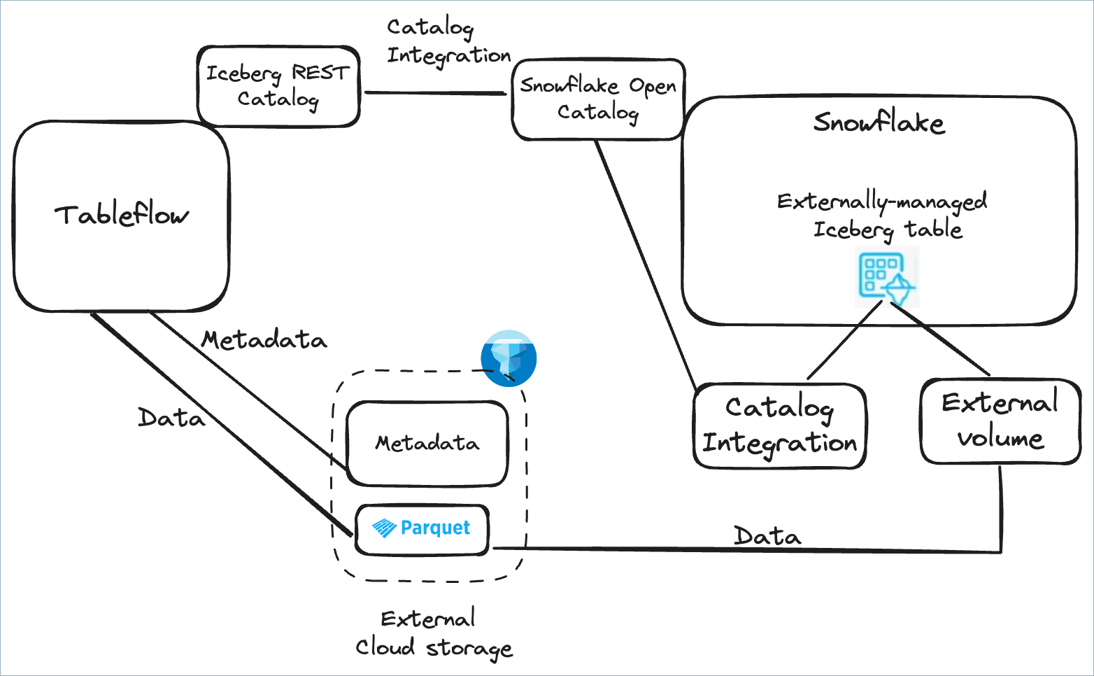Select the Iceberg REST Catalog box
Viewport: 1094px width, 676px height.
tap(278, 86)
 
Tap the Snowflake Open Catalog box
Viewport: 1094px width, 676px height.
tap(598, 99)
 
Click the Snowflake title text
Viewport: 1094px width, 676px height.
tap(879, 123)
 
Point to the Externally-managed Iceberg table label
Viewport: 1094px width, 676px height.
tap(883, 216)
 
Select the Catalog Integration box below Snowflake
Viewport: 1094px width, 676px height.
tap(779, 425)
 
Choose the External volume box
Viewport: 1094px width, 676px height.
tap(1000, 421)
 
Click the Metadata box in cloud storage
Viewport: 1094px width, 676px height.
tap(427, 443)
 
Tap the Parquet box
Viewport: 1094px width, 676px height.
tap(422, 529)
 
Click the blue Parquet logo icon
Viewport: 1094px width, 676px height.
tap(385, 528)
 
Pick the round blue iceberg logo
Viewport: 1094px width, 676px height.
tap(509, 358)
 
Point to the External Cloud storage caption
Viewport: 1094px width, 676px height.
tap(434, 633)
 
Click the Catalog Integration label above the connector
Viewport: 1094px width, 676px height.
tap(448, 42)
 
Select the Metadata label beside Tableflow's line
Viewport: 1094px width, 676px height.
tap(264, 340)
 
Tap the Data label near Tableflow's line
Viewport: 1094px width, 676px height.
tap(171, 418)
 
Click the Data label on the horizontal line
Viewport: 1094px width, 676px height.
tap(767, 537)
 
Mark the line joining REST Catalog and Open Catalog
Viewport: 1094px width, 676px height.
tap(434, 92)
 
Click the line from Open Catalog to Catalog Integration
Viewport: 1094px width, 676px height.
tap(645, 262)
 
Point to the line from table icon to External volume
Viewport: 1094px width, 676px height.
tap(941, 339)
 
